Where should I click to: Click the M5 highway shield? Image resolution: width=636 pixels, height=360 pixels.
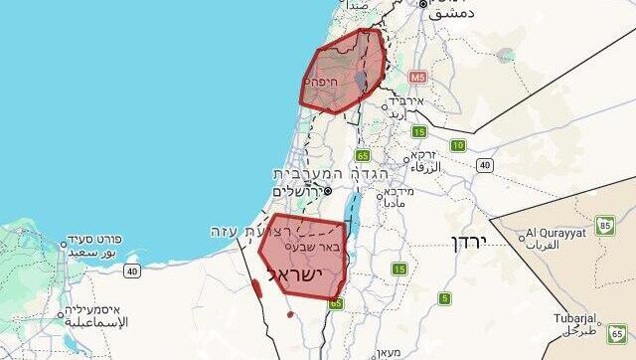[415, 76]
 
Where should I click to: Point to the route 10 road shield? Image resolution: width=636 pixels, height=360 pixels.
[457, 145]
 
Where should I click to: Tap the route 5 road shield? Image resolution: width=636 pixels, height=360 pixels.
[444, 297]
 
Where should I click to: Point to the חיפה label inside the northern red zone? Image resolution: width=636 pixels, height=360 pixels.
[320, 81]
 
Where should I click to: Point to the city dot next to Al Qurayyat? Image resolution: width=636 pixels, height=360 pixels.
[522, 237]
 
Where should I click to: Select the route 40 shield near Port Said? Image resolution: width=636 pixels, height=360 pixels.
[132, 270]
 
